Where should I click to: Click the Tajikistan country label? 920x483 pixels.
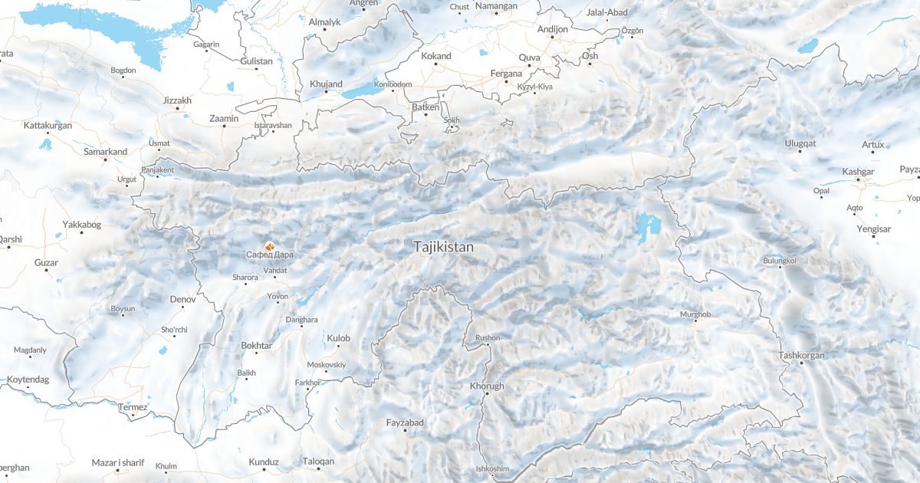click(443, 248)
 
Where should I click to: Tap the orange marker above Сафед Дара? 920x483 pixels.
click(269, 245)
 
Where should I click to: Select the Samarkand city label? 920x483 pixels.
click(105, 152)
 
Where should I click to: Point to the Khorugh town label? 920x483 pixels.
click(487, 386)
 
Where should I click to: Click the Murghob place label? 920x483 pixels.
click(695, 315)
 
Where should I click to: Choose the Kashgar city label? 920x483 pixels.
click(858, 172)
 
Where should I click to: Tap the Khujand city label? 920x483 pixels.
click(326, 84)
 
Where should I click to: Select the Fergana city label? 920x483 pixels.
click(506, 74)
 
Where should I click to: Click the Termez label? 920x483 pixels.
click(132, 407)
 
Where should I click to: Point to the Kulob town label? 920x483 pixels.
click(338, 338)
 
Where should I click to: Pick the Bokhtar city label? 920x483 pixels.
click(256, 346)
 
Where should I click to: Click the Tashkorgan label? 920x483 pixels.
click(801, 355)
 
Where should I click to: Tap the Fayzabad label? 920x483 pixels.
click(405, 422)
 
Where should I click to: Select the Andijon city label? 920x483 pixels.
click(553, 29)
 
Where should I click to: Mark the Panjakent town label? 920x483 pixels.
click(158, 169)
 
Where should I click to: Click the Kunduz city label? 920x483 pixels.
click(264, 462)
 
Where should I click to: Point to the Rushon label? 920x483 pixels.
click(488, 338)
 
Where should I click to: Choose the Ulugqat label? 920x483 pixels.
click(800, 143)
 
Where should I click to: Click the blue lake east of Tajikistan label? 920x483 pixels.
click(648, 226)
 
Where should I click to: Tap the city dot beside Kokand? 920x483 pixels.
click(437, 64)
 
